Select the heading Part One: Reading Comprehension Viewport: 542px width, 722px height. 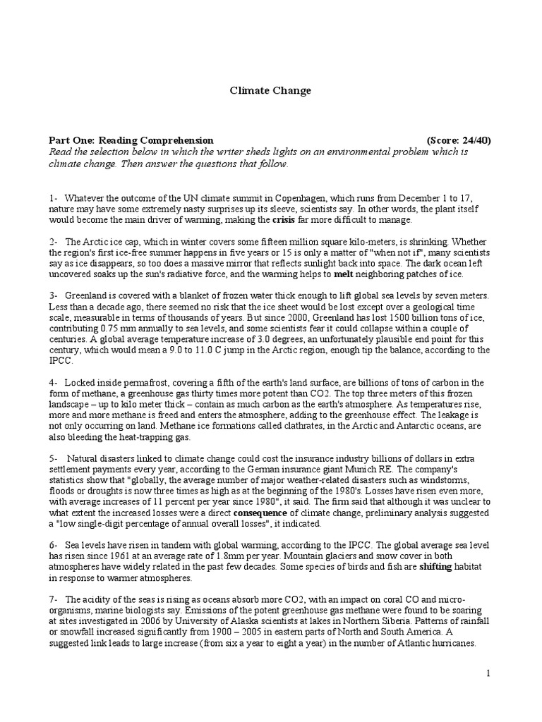[x=131, y=140]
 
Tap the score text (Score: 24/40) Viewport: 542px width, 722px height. [x=459, y=140]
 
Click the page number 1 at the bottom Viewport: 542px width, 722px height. [x=487, y=674]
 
